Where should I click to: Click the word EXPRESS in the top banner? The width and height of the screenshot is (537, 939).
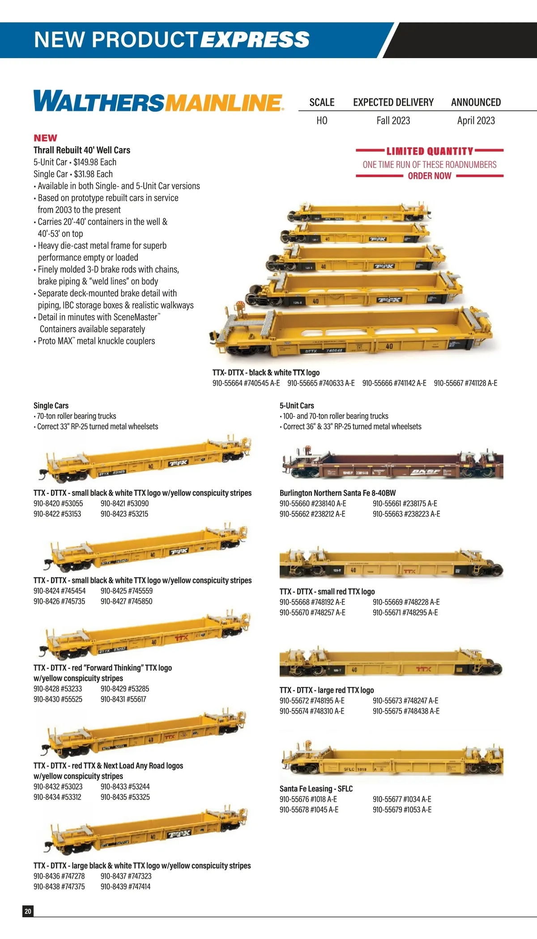(255, 39)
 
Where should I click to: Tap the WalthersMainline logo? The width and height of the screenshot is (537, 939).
(158, 101)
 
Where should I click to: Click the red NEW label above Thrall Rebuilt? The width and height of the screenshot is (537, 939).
(45, 138)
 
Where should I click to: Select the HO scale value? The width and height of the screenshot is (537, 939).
(322, 120)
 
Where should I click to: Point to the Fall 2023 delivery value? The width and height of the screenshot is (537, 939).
(393, 120)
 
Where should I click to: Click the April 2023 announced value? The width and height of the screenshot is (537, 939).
(476, 120)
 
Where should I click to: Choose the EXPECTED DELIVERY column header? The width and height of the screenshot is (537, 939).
(393, 102)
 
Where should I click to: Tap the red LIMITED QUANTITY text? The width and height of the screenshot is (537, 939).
(430, 151)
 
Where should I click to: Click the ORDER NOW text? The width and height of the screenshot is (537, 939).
(430, 176)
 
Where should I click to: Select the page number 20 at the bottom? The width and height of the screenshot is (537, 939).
(28, 911)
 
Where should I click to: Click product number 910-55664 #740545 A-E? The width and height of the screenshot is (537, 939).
(246, 383)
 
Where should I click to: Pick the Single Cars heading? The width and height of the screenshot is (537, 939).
(51, 405)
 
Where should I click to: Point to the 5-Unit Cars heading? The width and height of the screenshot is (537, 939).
(297, 405)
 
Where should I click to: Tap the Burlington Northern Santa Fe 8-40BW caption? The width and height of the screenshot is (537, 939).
(338, 493)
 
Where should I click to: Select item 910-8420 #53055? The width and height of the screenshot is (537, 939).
(58, 503)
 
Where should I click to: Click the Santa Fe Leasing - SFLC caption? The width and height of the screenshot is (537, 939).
(316, 788)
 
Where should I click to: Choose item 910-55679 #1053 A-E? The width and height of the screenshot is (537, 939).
(402, 809)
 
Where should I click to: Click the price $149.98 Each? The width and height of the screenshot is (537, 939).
(95, 162)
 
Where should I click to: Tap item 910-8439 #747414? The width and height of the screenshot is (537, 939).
(126, 886)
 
